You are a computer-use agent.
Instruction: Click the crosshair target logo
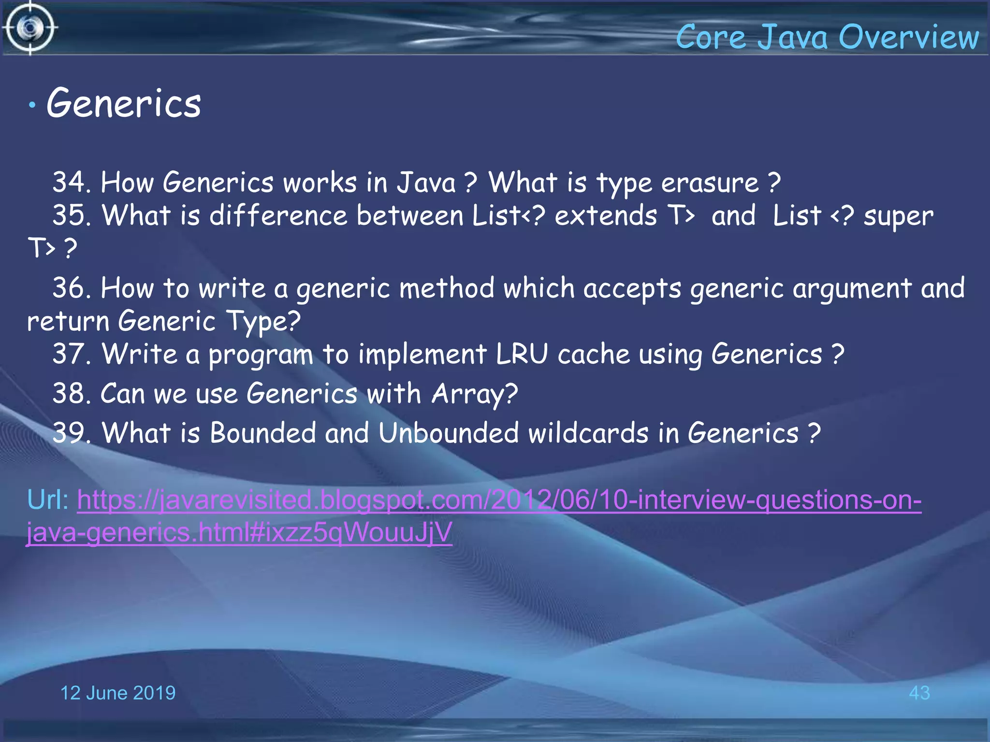[x=30, y=28]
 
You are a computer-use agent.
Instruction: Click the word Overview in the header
[x=909, y=37]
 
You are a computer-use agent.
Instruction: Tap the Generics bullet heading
[x=124, y=103]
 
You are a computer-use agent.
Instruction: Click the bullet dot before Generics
[x=32, y=105]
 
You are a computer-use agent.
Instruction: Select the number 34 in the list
[x=69, y=183]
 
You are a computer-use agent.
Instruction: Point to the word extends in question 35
[x=606, y=215]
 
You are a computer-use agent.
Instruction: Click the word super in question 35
[x=899, y=216]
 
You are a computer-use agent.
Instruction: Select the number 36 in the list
[x=69, y=288]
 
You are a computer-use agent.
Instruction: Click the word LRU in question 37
[x=522, y=354]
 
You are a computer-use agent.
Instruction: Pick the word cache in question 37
[x=594, y=354]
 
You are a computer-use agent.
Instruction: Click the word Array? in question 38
[x=474, y=394]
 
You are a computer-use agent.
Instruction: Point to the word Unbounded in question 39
[x=448, y=432]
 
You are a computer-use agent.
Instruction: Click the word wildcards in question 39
[x=588, y=432]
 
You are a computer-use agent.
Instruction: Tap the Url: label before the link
[x=48, y=499]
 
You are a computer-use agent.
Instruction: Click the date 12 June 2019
[x=117, y=693]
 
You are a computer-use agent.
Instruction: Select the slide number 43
[x=919, y=693]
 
